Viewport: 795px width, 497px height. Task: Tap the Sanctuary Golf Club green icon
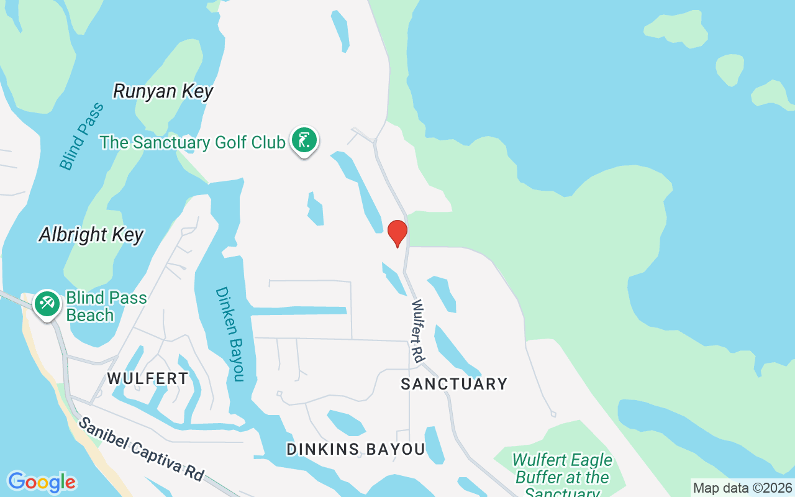304,141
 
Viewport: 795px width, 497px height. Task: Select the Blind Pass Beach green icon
47,304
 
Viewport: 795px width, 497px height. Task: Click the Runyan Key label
163,91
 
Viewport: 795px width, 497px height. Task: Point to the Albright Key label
91,234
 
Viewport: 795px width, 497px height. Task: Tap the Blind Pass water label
81,137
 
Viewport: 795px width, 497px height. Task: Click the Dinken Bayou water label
230,334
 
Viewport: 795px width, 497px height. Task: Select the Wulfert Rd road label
417,331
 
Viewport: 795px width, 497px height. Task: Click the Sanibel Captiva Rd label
141,449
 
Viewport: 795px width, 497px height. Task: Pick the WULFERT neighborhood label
148,378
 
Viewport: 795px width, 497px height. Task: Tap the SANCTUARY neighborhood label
454,384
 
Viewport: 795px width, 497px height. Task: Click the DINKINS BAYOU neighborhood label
356,449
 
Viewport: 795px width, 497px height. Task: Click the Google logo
42,482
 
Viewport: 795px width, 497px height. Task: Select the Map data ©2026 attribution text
742,488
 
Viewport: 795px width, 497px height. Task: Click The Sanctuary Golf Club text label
193,142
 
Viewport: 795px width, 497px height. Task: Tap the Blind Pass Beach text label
107,306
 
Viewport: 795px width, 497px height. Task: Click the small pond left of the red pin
316,209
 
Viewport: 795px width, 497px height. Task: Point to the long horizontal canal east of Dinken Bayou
298,311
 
